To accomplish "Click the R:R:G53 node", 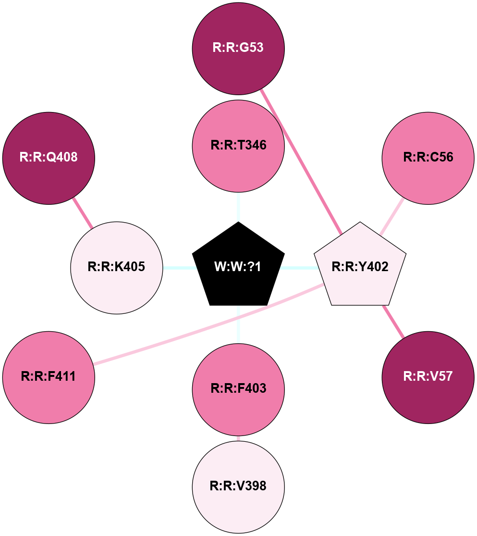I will click(238, 48).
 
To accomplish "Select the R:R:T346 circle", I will click(238, 146).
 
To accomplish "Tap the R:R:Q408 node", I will click(49, 158).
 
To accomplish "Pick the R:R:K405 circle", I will click(117, 267).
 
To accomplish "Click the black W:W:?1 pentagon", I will click(238, 267).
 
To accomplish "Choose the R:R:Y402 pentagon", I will click(360, 267).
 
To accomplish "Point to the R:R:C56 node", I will click(428, 158).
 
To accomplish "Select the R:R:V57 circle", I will click(428, 377).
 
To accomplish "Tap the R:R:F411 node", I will click(49, 377).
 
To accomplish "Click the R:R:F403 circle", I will click(238, 389).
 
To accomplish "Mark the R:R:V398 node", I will click(238, 486).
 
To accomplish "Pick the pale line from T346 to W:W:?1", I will click(238, 207).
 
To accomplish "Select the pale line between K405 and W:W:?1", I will click(178, 267).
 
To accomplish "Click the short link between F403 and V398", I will click(238, 438).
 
